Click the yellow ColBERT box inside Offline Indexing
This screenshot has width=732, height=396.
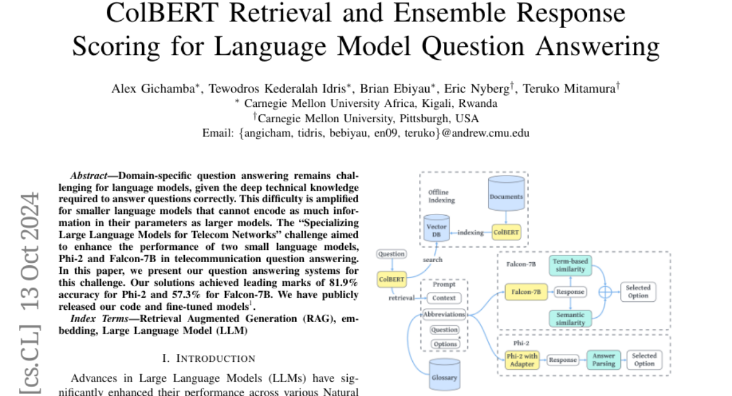(506, 233)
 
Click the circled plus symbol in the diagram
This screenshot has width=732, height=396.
(605, 292)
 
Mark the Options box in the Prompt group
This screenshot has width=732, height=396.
(445, 344)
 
